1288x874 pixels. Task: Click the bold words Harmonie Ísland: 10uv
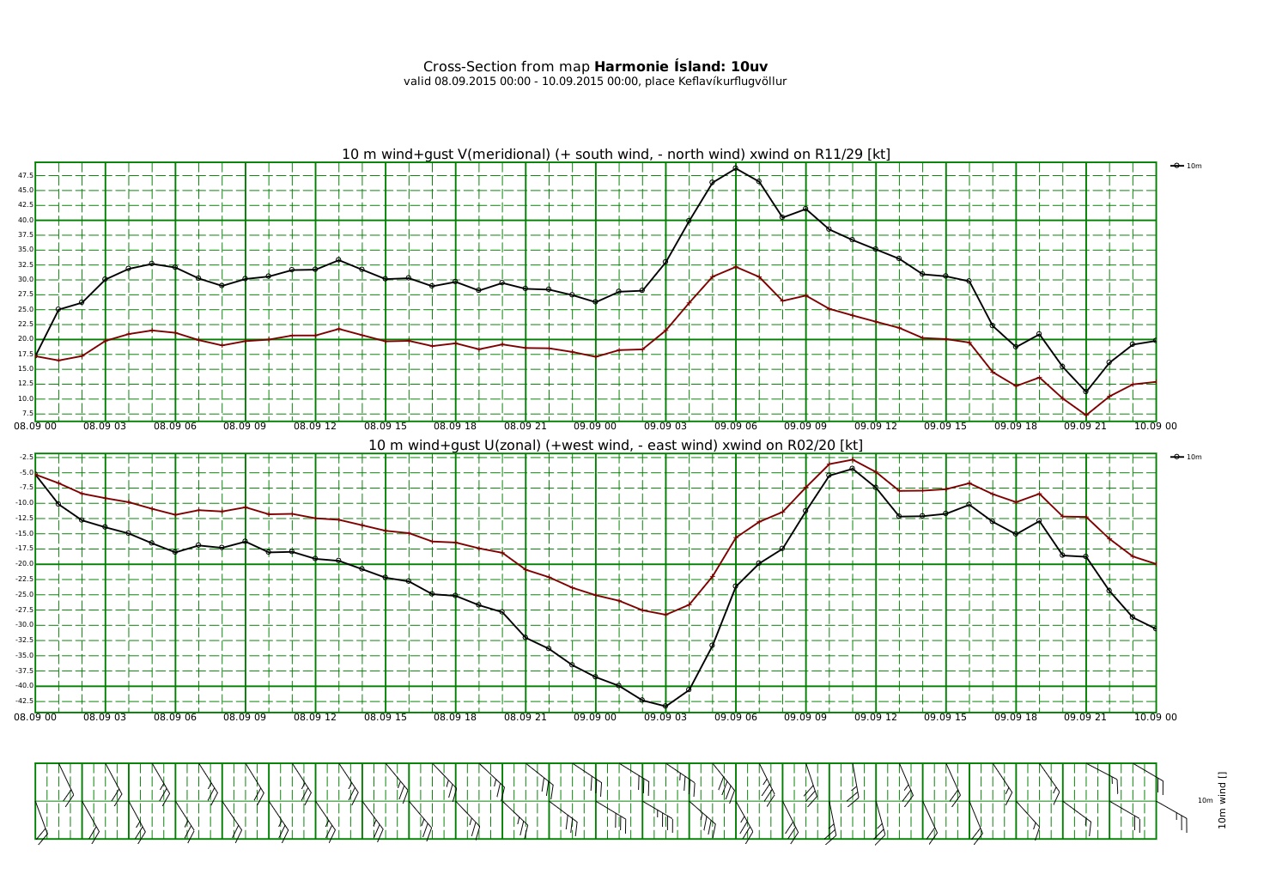pos(680,67)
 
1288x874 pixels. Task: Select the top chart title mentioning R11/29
pos(616,155)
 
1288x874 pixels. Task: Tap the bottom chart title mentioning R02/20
pos(616,446)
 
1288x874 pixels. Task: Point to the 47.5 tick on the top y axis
pos(25,175)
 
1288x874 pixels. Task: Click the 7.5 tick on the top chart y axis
pos(27,413)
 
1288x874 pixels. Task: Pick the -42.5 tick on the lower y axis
pos(24,701)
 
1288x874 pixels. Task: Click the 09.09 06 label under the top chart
pos(735,426)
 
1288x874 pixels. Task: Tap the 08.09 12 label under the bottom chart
pos(315,717)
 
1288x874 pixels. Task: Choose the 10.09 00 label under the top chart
pos(1156,426)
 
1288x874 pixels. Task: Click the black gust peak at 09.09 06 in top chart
pos(736,168)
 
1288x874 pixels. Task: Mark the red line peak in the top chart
pos(736,266)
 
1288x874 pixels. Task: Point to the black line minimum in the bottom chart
pos(665,707)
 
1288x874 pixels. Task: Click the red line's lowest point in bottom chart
pos(665,615)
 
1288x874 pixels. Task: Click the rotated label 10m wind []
pos(1222,800)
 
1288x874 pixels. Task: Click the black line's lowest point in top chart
pos(1086,391)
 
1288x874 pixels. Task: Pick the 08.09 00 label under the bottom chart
pos(35,717)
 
